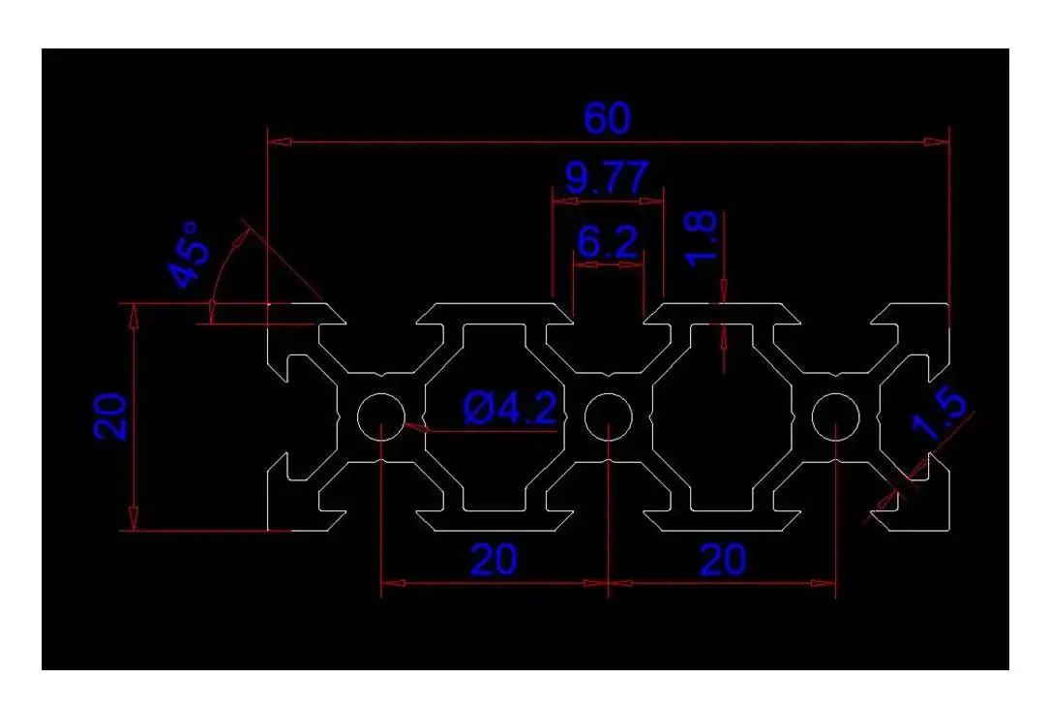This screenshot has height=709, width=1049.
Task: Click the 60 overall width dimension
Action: [x=607, y=118]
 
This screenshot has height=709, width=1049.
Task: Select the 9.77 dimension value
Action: [x=607, y=178]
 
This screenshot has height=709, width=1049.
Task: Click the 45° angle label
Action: [x=190, y=255]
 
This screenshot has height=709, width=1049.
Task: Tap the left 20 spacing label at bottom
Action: [x=494, y=560]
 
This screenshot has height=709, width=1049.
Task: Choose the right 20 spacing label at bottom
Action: [x=722, y=560]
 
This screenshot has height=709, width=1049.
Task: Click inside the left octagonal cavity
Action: [x=494, y=417]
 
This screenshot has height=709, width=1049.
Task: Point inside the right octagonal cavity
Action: [x=722, y=417]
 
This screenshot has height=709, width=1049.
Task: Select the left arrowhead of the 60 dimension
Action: [x=280, y=141]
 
